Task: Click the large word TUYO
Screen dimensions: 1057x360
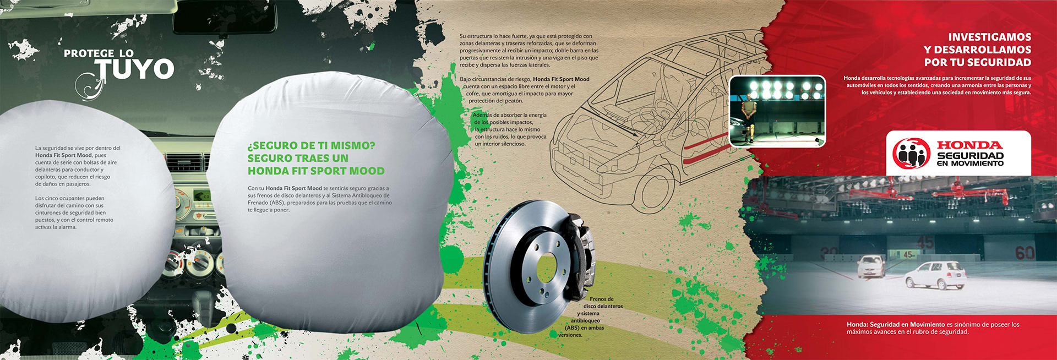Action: pyautogui.click(x=135, y=69)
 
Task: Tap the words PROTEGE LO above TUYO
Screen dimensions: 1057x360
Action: pyautogui.click(x=99, y=53)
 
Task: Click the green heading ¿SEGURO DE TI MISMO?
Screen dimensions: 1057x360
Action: pyautogui.click(x=311, y=146)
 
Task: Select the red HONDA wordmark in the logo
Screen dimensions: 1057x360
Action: pyautogui.click(x=969, y=145)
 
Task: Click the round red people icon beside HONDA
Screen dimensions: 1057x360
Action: pyautogui.click(x=911, y=154)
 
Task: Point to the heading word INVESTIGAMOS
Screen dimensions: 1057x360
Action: pyautogui.click(x=989, y=37)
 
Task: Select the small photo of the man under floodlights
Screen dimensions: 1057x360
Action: pyautogui.click(x=777, y=111)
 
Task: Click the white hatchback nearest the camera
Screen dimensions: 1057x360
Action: pyautogui.click(x=936, y=275)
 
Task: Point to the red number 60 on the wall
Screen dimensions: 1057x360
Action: pyautogui.click(x=1025, y=253)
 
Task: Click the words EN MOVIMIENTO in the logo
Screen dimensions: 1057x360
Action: pyautogui.click(x=970, y=163)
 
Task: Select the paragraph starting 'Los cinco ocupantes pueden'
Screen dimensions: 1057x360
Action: pyautogui.click(x=74, y=212)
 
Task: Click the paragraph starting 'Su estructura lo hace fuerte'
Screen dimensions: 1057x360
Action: pyautogui.click(x=528, y=50)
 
